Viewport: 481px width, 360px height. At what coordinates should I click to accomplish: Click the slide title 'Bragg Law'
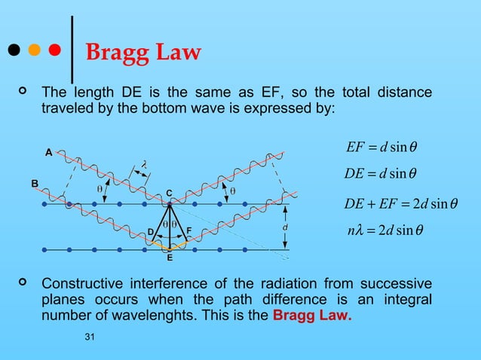(143, 53)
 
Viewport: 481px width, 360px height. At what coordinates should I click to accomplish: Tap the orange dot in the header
(34, 50)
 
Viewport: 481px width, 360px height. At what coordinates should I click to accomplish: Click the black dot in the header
(13, 50)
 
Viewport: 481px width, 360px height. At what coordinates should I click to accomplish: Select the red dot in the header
(54, 50)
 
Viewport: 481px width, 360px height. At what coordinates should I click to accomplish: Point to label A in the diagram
(48, 152)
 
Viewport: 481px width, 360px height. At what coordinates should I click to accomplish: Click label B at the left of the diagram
(34, 183)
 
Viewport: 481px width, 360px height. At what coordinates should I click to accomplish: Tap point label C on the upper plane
(170, 193)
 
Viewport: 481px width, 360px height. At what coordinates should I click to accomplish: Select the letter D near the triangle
(151, 230)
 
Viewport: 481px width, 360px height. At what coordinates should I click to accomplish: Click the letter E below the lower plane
(170, 258)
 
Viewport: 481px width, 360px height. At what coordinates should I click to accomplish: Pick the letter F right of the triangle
(188, 230)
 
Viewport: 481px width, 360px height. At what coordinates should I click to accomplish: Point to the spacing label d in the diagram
(284, 227)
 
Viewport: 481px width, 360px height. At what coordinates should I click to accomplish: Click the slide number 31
(90, 345)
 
